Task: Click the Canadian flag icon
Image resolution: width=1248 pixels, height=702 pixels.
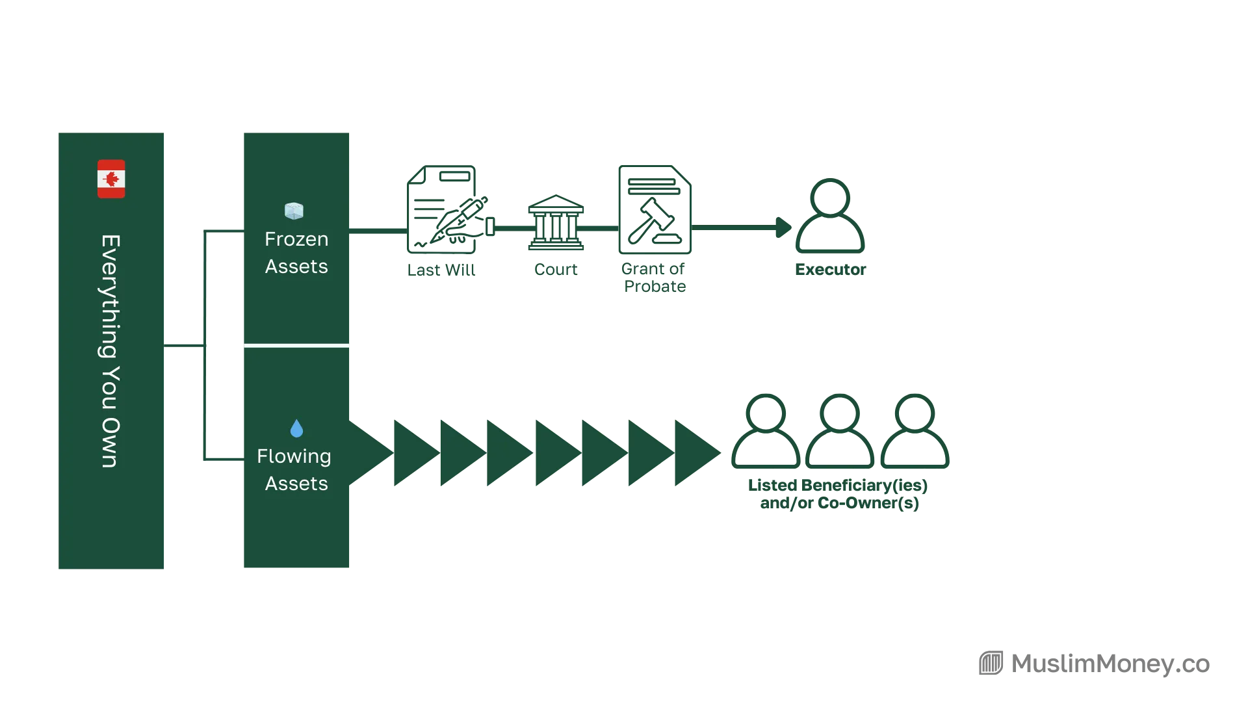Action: coord(111,179)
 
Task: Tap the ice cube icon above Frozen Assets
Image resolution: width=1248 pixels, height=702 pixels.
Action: coord(294,211)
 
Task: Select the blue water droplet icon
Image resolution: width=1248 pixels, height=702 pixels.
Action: coord(296,428)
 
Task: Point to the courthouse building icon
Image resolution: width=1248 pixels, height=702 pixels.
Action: coord(556,222)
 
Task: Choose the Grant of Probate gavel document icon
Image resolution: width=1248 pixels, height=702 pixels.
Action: coord(655,209)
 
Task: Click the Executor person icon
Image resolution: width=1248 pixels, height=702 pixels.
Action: coord(830,215)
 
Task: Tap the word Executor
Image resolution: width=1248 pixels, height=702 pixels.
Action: coord(831,270)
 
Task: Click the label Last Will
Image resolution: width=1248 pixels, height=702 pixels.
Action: coord(441,270)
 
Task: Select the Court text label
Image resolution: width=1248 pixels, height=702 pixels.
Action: coord(556,270)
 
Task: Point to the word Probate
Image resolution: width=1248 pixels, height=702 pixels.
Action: coord(655,287)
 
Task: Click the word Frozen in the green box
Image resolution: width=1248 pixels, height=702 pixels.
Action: coord(296,239)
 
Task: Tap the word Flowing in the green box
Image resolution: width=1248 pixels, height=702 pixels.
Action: coord(294,457)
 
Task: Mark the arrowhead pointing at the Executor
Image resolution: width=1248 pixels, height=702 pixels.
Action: coord(784,227)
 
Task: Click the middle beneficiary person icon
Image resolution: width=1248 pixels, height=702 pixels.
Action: coord(840,431)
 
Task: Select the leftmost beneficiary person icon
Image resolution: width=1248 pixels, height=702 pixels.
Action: coord(766,431)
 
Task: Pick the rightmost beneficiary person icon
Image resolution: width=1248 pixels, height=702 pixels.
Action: coord(915,431)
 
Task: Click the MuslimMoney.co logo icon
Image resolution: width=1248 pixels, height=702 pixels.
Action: coord(991,663)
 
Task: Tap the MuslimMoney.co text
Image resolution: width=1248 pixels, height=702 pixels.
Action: coord(1110,664)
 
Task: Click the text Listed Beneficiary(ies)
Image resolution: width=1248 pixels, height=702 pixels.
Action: coord(838,486)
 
